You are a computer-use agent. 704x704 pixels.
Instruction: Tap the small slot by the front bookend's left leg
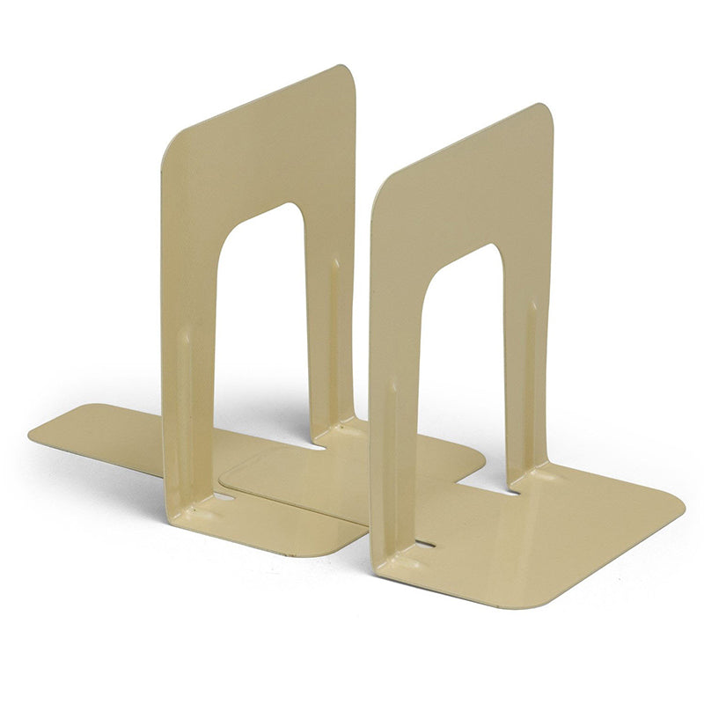425,544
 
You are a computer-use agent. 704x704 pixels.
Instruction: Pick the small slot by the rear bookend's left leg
224,496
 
